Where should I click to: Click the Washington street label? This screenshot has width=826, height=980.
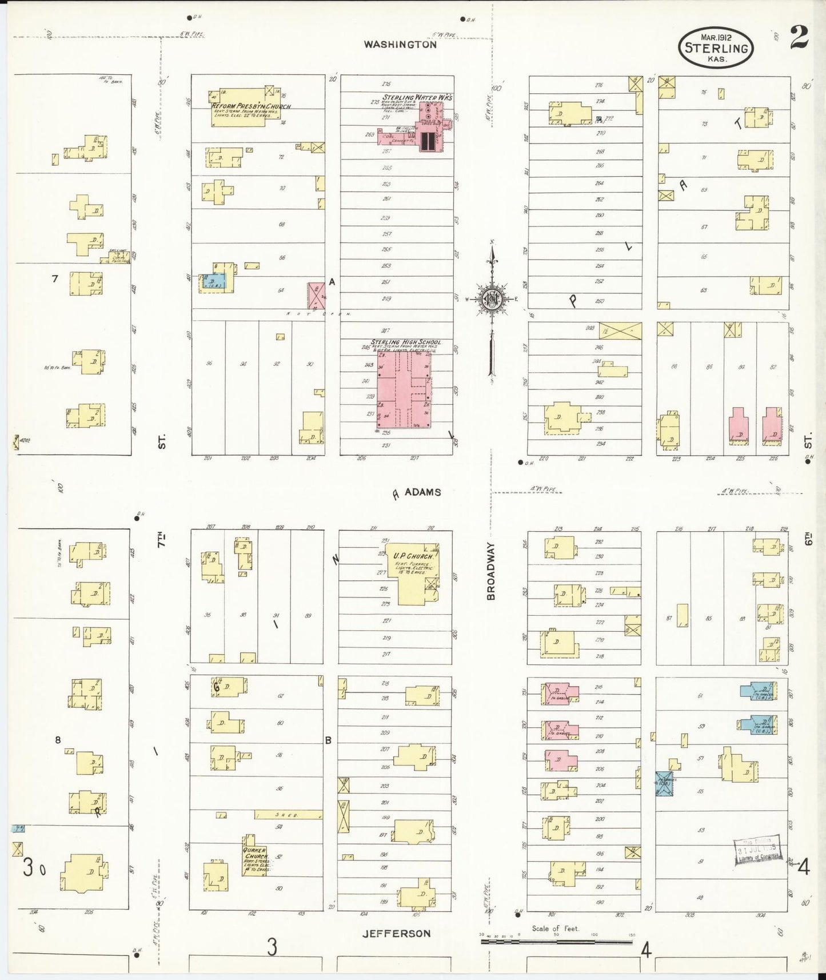pos(400,44)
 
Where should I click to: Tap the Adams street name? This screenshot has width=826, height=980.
pos(422,492)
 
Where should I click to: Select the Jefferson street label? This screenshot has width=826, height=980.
pos(396,933)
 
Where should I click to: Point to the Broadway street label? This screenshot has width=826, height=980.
pos(491,571)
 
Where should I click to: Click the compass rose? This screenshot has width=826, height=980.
pos(492,298)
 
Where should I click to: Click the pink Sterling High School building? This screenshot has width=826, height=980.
pos(403,389)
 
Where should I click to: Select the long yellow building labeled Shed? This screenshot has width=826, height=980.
pos(288,814)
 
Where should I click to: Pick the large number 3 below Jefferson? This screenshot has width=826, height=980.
pos(272,947)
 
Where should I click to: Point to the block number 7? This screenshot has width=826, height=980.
pos(55,278)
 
